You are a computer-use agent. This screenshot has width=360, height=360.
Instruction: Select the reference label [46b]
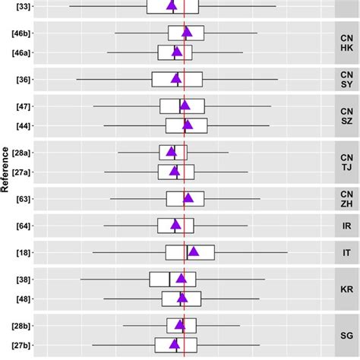coord(21,33)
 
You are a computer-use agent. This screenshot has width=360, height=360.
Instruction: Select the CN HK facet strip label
coord(346,43)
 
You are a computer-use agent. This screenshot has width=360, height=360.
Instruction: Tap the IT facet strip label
coord(346,252)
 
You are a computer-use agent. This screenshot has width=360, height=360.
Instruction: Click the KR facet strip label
coord(346,289)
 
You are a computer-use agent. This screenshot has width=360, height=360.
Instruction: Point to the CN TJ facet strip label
coord(346,162)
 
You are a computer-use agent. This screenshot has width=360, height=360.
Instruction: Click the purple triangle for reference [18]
coord(194,252)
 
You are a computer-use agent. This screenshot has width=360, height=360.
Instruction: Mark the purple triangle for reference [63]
coord(188,198)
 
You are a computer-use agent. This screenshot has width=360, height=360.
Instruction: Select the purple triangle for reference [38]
coord(181,279)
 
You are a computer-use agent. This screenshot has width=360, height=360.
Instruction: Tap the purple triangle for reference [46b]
coord(187,33)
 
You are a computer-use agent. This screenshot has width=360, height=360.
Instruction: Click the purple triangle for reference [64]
coord(175,225)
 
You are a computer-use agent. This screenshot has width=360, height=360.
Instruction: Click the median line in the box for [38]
coord(169,279)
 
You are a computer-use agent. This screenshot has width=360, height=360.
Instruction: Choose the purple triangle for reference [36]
coord(176,79)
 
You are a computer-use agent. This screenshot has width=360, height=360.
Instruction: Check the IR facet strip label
coord(346,226)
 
